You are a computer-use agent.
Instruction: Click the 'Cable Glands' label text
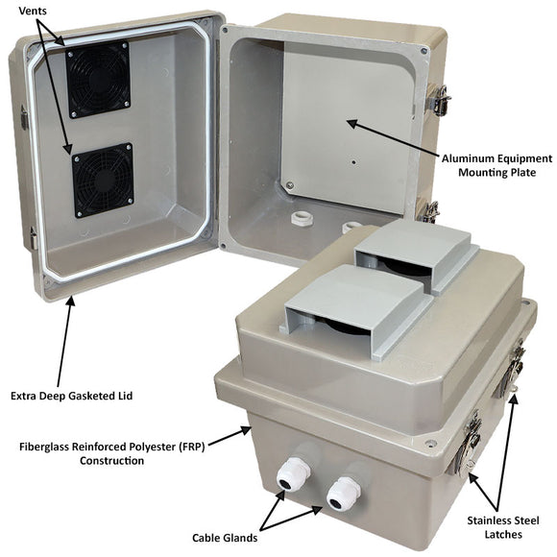click(x=222, y=538)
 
